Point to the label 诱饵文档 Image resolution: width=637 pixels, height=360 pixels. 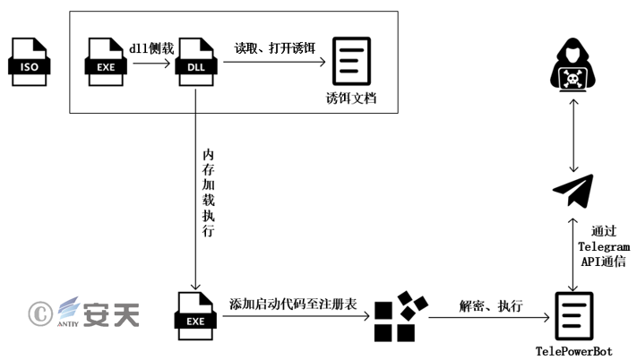tap(351, 98)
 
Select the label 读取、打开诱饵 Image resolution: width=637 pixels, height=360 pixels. tap(274, 47)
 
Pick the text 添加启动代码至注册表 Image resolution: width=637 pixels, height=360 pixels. tap(293, 304)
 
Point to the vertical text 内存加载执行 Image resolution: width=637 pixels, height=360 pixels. tap(208, 188)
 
